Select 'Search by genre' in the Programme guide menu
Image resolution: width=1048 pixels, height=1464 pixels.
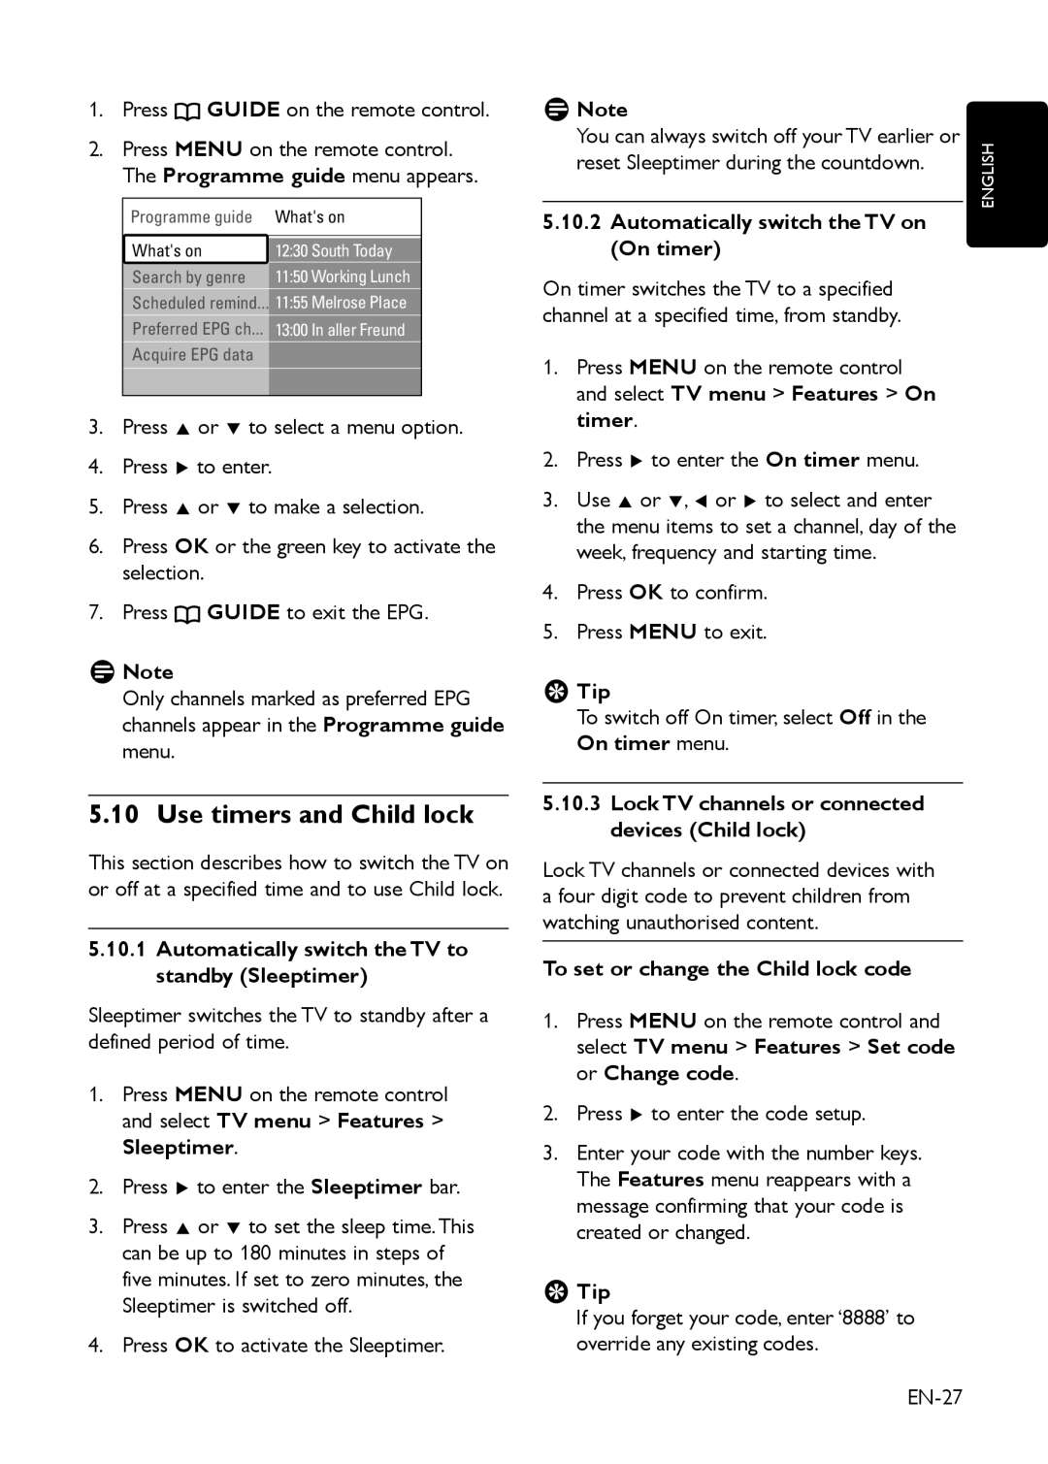pyautogui.click(x=189, y=277)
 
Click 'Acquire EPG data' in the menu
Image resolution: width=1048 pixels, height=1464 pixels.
pyautogui.click(x=193, y=355)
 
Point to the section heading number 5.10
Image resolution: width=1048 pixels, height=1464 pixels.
pyautogui.click(x=114, y=814)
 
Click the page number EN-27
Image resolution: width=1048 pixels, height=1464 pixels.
pyautogui.click(x=934, y=1396)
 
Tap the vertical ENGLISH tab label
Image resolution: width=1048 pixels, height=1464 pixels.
pyautogui.click(x=988, y=176)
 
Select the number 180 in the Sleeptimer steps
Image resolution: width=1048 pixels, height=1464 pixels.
pyautogui.click(x=255, y=1253)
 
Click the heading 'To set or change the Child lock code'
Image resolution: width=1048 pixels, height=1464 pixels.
pyautogui.click(x=727, y=968)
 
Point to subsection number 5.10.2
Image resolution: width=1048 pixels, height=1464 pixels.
pyautogui.click(x=572, y=222)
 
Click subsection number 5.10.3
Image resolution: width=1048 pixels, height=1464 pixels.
pyautogui.click(x=572, y=803)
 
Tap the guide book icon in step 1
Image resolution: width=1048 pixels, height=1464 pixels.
pyautogui.click(x=187, y=111)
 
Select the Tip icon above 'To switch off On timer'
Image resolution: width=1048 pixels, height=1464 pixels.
pyautogui.click(x=555, y=692)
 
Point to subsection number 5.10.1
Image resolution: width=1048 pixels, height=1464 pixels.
pyautogui.click(x=117, y=949)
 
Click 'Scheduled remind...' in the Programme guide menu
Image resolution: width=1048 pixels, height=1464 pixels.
pyautogui.click(x=199, y=303)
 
